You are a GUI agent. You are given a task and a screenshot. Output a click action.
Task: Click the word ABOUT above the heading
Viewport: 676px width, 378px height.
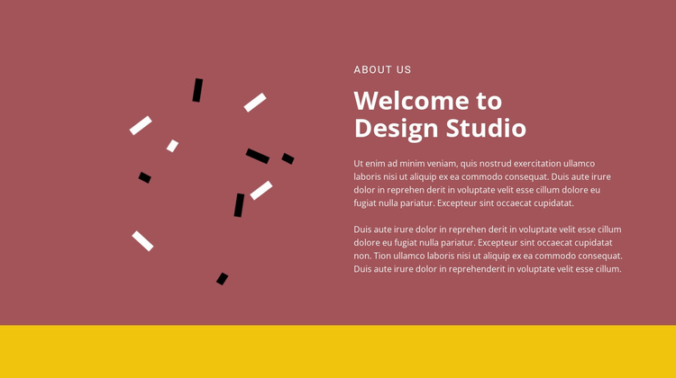coord(371,69)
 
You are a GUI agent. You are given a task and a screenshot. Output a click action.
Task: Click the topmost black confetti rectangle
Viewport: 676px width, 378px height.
coord(197,90)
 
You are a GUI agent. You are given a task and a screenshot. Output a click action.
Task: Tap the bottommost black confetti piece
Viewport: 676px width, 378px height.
coord(222,279)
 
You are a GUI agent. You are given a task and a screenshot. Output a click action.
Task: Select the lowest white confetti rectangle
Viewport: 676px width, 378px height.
coord(142,240)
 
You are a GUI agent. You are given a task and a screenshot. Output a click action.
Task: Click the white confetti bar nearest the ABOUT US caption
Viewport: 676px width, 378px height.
coord(255,103)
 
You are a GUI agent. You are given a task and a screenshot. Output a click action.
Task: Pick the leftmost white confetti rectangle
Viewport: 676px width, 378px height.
coord(141,125)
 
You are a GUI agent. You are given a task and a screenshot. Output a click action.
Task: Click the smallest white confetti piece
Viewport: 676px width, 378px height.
coord(172,146)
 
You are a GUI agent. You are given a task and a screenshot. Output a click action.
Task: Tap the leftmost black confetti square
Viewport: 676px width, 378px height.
coord(145,177)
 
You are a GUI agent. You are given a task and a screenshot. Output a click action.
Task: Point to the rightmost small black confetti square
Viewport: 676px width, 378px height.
coord(288,158)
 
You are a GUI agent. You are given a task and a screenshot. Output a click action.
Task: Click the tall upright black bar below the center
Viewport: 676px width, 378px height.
coord(239,205)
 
